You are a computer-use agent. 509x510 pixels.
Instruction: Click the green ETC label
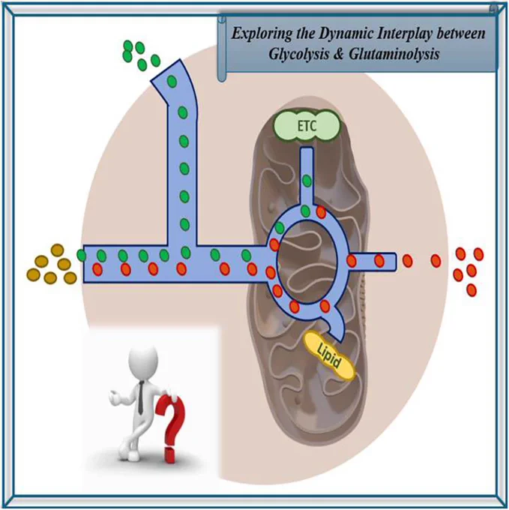click(x=307, y=126)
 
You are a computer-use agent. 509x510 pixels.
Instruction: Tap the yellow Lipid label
click(x=329, y=356)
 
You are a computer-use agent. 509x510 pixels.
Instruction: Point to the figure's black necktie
click(x=140, y=397)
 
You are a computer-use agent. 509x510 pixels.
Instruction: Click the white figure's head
click(x=144, y=361)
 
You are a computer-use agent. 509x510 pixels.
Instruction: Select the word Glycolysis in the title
click(x=298, y=54)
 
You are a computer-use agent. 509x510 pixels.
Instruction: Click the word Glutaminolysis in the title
click(x=394, y=54)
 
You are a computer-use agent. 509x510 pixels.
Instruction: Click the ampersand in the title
click(x=339, y=54)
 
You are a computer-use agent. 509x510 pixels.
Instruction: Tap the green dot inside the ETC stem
click(x=307, y=181)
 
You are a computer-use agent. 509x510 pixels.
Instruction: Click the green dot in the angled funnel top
click(x=172, y=82)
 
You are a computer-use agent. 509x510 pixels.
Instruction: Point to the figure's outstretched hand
click(x=114, y=397)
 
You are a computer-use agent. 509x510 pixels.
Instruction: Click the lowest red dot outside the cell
click(x=472, y=290)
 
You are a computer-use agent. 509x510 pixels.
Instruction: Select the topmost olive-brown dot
click(x=57, y=250)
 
